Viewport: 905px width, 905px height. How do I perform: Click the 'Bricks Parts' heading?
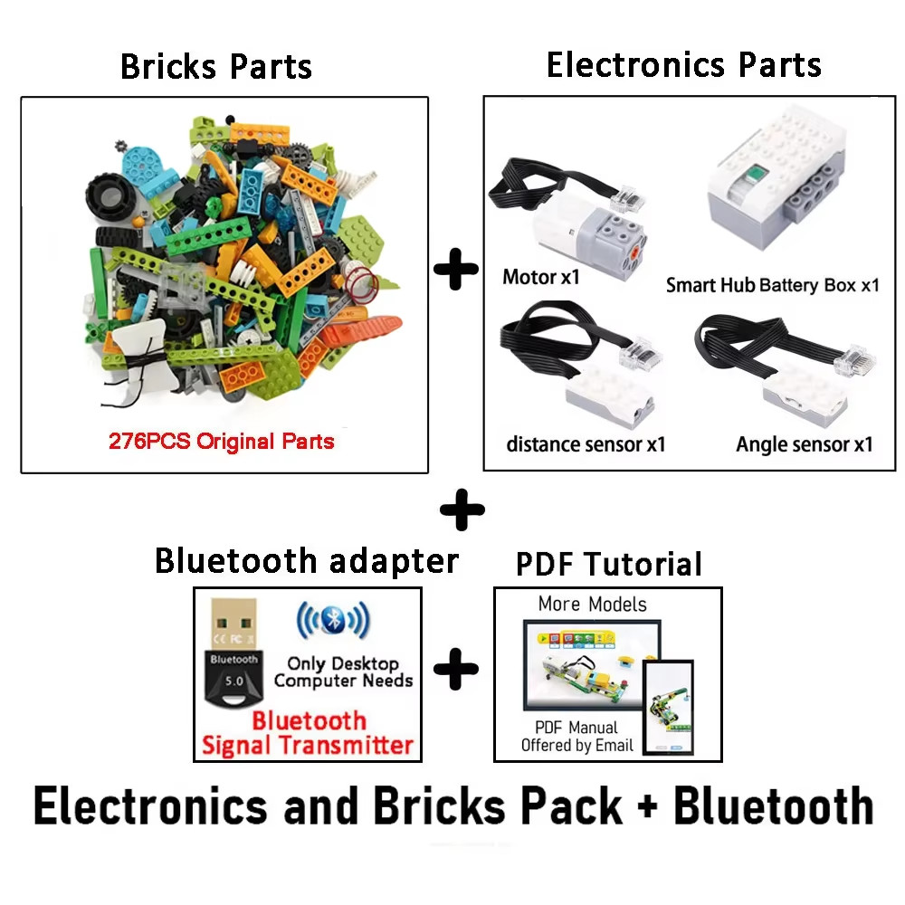[x=216, y=66]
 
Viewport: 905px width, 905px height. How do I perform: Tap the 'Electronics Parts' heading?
[x=684, y=64]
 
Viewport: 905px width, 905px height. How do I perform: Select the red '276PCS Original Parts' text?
[x=222, y=442]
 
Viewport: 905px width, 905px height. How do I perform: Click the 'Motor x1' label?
[x=541, y=277]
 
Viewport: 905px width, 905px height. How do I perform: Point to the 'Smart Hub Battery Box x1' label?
[x=773, y=285]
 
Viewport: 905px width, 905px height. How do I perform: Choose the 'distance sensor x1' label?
[x=586, y=444]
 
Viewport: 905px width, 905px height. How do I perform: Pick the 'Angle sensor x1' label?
[x=804, y=444]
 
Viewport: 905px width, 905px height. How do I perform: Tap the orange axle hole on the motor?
[x=633, y=252]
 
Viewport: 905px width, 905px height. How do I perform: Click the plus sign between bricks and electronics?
[x=455, y=269]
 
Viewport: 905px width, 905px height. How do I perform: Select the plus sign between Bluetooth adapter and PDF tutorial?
[x=456, y=669]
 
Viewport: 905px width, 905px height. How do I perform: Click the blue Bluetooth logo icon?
[x=333, y=619]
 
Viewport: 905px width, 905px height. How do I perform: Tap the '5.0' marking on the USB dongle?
[x=234, y=681]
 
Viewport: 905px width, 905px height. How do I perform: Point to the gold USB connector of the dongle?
[x=233, y=624]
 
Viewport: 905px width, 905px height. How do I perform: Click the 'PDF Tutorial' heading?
[x=609, y=564]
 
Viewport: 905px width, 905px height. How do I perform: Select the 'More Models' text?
[x=592, y=605]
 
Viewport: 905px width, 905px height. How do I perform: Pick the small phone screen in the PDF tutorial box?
[x=668, y=708]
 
